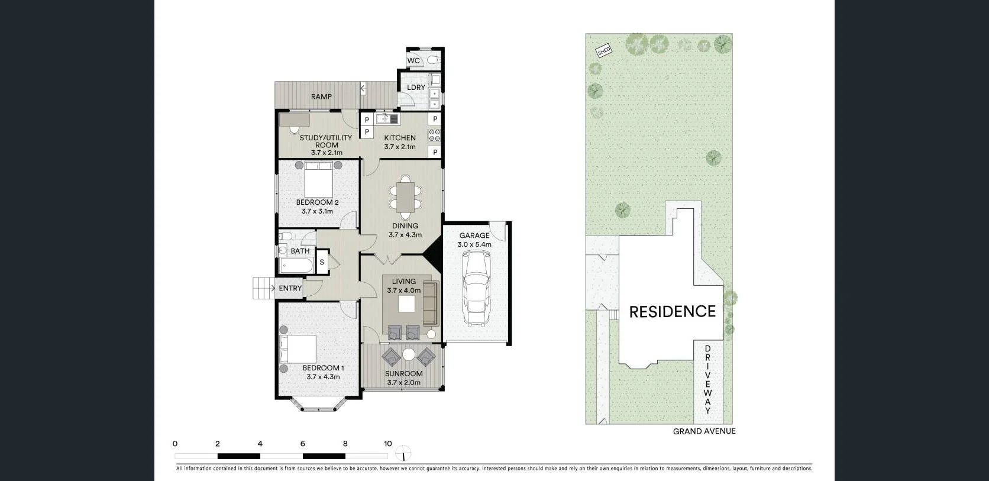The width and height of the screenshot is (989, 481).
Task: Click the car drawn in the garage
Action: tap(476, 288)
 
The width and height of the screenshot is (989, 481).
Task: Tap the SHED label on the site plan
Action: tap(603, 51)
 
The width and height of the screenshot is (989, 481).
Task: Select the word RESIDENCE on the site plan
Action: tap(672, 312)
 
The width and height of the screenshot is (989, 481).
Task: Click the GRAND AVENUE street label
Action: tap(704, 431)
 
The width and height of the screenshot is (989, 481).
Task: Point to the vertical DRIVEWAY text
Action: tap(707, 380)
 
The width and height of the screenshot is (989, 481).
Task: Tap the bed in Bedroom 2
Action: tap(318, 180)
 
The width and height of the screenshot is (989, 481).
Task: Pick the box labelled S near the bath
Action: tap(322, 262)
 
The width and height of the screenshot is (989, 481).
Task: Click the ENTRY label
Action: tap(290, 288)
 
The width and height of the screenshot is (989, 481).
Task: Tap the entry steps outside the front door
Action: tap(262, 288)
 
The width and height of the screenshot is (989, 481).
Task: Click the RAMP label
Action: tap(321, 96)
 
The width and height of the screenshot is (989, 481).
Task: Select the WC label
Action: tap(413, 60)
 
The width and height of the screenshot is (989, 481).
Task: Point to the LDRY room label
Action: tap(416, 87)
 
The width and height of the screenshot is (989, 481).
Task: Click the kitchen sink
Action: tap(387, 119)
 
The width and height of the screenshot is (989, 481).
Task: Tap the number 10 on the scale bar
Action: tap(387, 444)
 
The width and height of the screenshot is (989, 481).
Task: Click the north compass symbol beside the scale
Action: tap(403, 454)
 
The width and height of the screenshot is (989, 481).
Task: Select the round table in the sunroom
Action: tap(409, 355)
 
